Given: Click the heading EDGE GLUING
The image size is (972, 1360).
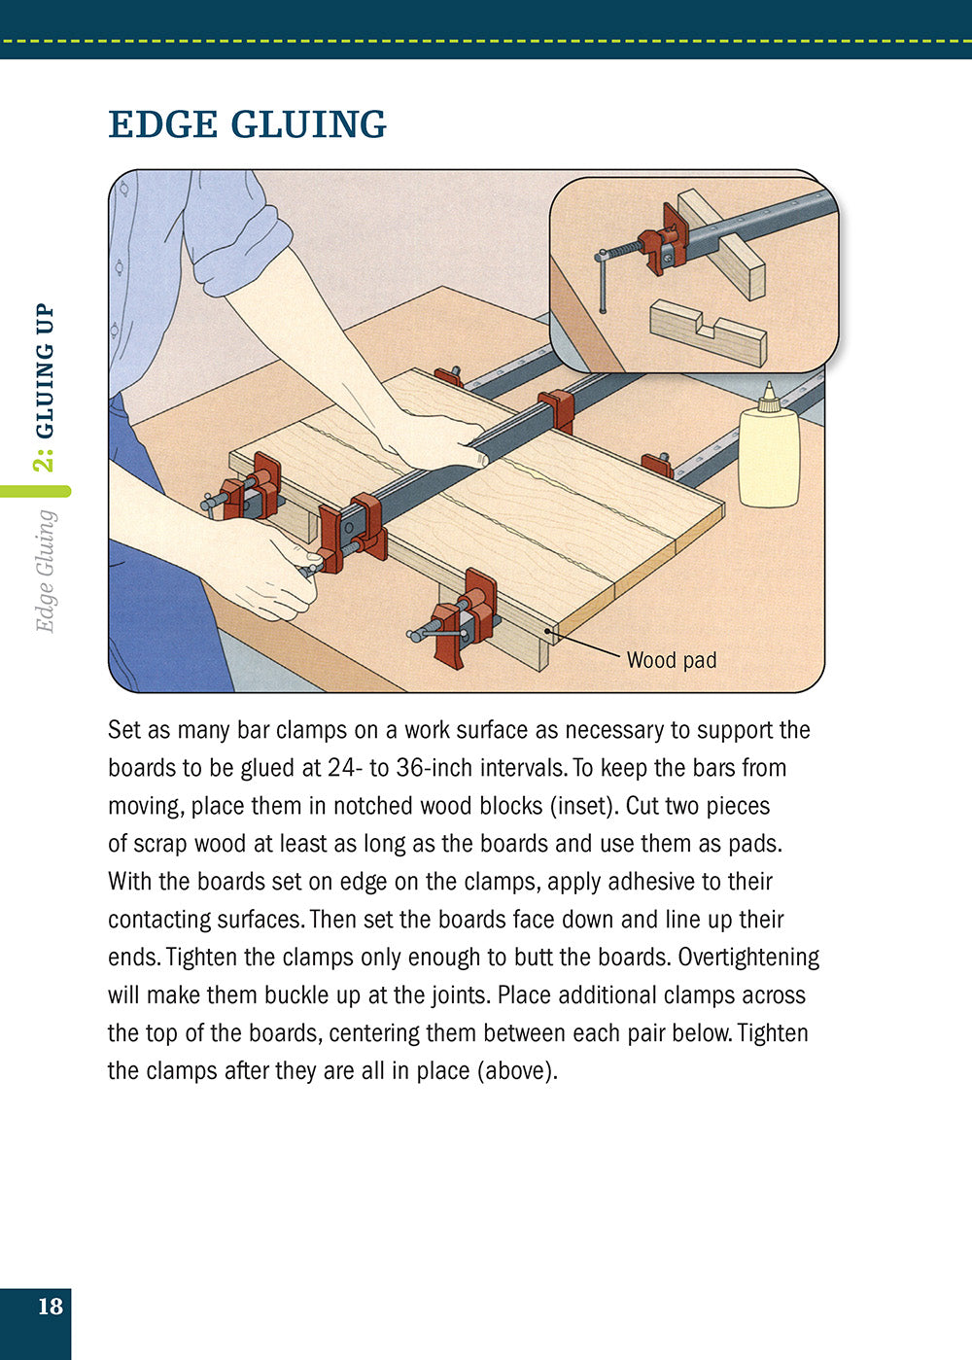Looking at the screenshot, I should pyautogui.click(x=247, y=124).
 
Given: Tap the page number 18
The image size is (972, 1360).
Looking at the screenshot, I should pyautogui.click(x=50, y=1307).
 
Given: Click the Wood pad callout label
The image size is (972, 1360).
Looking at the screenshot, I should pyautogui.click(x=671, y=660).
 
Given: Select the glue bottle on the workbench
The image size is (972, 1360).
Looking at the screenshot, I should pyautogui.click(x=768, y=452).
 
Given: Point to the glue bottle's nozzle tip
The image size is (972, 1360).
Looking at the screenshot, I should pyautogui.click(x=769, y=388).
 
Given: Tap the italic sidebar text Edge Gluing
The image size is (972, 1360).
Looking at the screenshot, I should pyautogui.click(x=45, y=571).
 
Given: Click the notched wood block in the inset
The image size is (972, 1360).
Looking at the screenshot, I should pyautogui.click(x=708, y=332).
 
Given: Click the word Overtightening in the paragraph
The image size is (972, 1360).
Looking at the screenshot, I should pyautogui.click(x=748, y=958).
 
